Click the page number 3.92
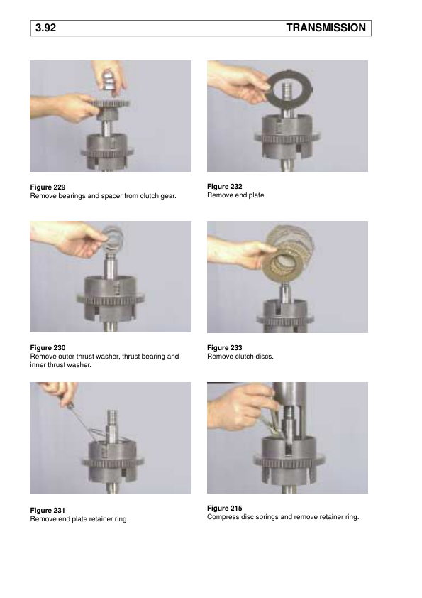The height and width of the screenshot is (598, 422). coord(45,28)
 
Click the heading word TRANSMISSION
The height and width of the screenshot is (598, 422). coord(326,28)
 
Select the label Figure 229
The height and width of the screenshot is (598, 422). coord(48,187)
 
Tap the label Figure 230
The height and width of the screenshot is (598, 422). coord(48,348)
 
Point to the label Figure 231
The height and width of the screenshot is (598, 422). coord(48,510)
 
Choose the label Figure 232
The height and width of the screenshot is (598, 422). coord(225,187)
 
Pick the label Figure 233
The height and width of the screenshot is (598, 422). coord(225,348)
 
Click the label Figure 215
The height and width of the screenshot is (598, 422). coord(225,509)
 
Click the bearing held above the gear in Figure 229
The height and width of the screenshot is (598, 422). coord(109,80)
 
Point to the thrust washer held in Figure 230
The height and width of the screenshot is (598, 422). coord(113,237)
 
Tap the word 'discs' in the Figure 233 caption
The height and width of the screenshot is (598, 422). coord(265,357)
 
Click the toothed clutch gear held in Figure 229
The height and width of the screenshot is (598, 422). coord(110,103)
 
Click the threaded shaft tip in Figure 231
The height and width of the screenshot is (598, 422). coord(113,416)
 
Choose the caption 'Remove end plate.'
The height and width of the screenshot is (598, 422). coord(236,195)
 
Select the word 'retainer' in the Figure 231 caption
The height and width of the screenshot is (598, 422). coord(101,519)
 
